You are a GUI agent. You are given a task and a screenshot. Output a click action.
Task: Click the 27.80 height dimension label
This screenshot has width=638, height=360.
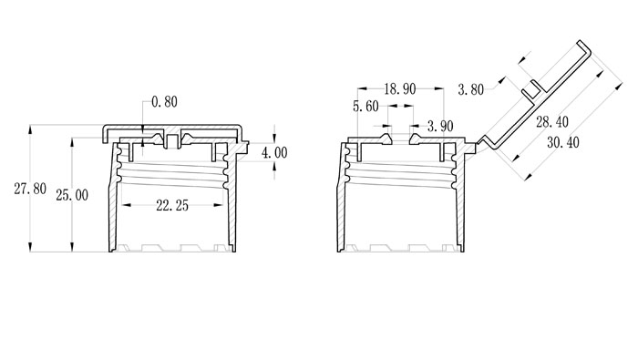pyautogui.click(x=30, y=189)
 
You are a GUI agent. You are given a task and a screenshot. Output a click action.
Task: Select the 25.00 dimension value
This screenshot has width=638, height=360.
pyautogui.click(x=72, y=195)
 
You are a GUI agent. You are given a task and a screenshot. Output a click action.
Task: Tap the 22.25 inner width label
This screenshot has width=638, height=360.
pyautogui.click(x=172, y=206)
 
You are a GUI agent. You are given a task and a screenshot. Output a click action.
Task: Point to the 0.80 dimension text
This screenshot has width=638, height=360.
pyautogui.click(x=164, y=102)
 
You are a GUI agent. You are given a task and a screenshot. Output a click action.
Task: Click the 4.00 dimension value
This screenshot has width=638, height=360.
pyautogui.click(x=274, y=153)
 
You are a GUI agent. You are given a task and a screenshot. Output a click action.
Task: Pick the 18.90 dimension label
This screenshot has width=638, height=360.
pyautogui.click(x=400, y=89)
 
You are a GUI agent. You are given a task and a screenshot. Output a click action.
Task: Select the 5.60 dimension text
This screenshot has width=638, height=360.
pyautogui.click(x=365, y=107)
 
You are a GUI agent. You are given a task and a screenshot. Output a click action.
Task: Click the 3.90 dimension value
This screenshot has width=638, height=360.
pyautogui.click(x=440, y=126)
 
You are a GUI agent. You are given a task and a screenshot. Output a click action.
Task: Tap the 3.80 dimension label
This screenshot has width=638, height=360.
pyautogui.click(x=471, y=89)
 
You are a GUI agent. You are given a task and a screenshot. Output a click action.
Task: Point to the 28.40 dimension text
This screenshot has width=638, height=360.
pyautogui.click(x=552, y=121)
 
